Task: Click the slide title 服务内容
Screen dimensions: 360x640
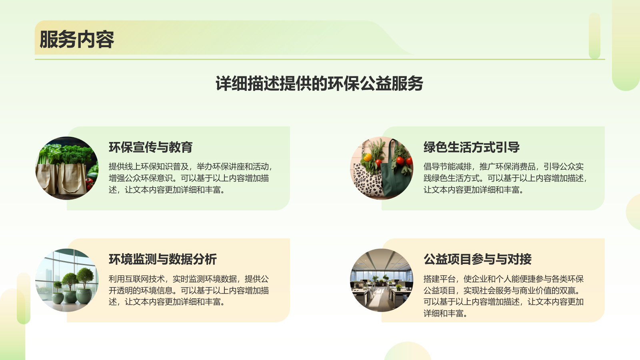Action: click(x=76, y=39)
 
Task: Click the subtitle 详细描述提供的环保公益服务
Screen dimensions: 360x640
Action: click(x=319, y=83)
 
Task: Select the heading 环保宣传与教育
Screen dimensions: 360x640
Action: click(x=150, y=147)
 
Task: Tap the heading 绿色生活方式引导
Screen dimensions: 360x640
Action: click(x=471, y=147)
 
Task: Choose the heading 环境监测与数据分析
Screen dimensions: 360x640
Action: click(x=162, y=259)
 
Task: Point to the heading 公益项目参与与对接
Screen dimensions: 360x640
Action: click(x=477, y=259)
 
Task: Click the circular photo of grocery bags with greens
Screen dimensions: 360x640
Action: click(x=67, y=168)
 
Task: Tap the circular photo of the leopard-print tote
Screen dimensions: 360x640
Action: click(x=382, y=168)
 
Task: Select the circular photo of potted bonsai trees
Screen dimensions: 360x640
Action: click(x=67, y=280)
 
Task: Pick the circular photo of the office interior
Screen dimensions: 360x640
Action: click(x=382, y=280)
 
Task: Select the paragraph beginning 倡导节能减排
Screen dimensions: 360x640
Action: click(x=505, y=178)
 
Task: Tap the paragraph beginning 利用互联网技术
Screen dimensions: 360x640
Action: click(x=189, y=290)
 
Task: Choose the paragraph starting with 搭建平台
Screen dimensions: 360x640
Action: click(x=503, y=296)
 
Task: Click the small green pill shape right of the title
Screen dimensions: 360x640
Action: click(x=594, y=36)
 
